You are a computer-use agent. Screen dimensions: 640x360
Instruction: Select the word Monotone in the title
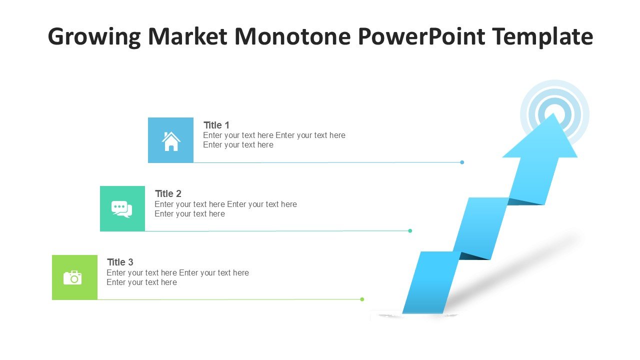[292, 36]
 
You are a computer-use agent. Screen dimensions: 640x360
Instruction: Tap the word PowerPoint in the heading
[421, 36]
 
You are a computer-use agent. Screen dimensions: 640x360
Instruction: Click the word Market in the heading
[187, 36]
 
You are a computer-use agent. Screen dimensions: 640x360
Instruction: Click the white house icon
[171, 141]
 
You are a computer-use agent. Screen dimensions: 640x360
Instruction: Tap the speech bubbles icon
[121, 209]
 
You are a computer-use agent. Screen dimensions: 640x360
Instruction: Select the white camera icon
[72, 277]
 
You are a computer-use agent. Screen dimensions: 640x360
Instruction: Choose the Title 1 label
[216, 125]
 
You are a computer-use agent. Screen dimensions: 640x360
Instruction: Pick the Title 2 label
[168, 193]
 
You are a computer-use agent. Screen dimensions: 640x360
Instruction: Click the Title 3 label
[120, 262]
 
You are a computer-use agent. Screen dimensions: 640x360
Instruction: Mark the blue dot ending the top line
[462, 162]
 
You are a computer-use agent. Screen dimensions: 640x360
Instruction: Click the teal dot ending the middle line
[410, 231]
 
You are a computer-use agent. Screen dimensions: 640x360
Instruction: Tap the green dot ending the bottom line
[362, 299]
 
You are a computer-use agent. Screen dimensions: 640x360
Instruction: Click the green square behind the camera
[74, 277]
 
